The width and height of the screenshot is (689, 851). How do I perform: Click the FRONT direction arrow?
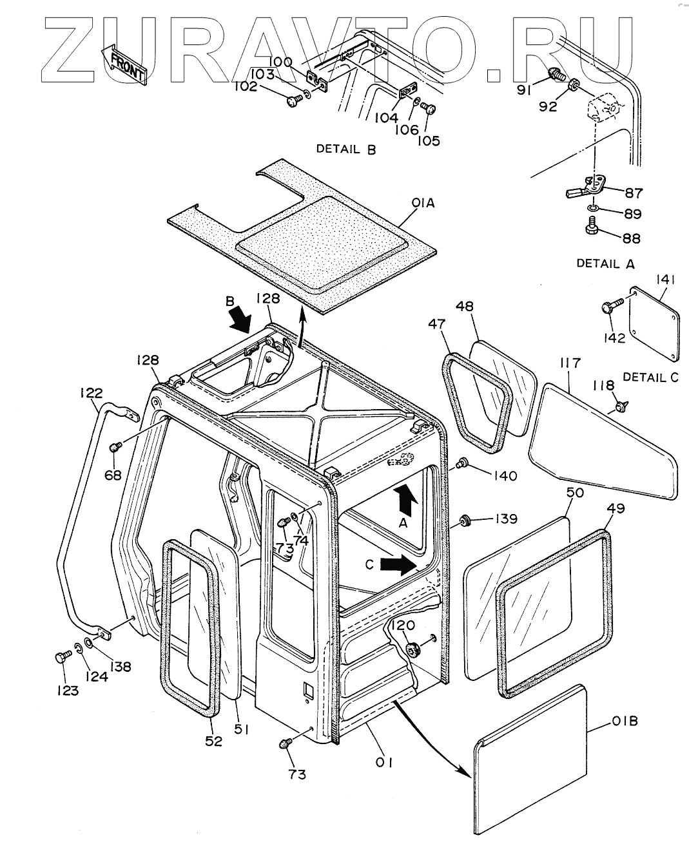point(124,64)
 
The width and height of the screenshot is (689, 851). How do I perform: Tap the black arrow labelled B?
point(241,320)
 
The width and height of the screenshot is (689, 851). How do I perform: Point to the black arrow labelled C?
point(398,564)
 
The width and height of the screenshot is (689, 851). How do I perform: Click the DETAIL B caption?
point(346,149)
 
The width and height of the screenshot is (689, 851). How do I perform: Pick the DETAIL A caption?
point(605,263)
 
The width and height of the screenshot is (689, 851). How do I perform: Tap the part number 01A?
point(423,203)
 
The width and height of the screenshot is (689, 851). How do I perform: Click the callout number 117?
point(570,363)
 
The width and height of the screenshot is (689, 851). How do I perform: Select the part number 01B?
point(625,721)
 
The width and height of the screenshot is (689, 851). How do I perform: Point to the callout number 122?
point(92,393)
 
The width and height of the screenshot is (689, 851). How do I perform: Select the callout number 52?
point(213,741)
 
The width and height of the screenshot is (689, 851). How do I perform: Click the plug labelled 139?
point(464,521)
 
